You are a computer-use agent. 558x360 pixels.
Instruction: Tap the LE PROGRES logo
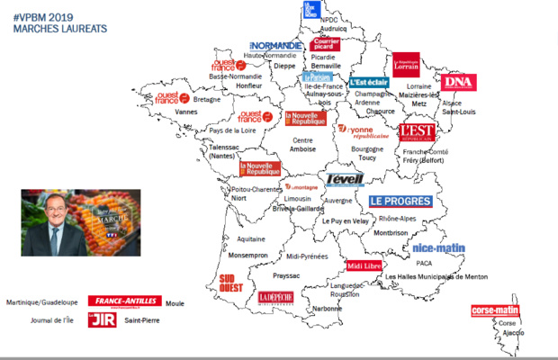400,202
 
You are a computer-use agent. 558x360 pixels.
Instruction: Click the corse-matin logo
496,311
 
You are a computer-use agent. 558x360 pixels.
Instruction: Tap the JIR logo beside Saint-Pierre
96,319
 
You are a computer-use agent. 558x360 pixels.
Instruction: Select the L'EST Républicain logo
418,133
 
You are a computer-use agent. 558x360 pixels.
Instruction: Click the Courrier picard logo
325,44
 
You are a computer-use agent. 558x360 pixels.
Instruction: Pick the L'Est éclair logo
369,81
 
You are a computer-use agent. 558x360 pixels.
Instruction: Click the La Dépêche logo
275,298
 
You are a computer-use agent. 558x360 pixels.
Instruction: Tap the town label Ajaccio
513,333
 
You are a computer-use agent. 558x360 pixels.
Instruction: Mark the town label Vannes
186,112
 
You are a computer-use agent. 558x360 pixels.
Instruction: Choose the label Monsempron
249,256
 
